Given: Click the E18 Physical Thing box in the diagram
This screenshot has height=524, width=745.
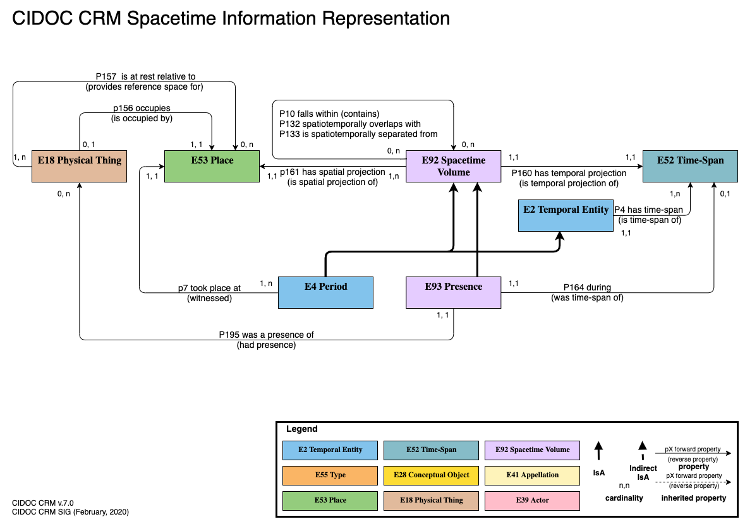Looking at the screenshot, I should [x=79, y=166].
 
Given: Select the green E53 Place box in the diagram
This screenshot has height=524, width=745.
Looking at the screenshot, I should [x=212, y=166].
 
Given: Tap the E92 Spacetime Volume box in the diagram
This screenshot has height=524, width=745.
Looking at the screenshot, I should [x=453, y=166].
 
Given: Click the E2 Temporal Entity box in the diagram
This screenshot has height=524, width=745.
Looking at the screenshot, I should [x=566, y=216].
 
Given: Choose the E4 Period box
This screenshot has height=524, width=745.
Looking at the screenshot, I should [x=325, y=292].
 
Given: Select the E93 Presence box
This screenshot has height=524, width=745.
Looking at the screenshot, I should [x=453, y=292].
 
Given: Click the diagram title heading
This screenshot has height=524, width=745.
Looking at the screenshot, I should [x=231, y=18].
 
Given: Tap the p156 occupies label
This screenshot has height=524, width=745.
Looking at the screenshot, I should [x=142, y=108].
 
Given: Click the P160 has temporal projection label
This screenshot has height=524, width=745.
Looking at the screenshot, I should [x=569, y=173].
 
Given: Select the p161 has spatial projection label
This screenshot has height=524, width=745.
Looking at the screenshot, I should [x=332, y=172].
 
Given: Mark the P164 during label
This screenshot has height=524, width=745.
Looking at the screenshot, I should [x=587, y=288].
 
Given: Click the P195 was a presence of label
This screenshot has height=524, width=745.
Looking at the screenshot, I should [x=266, y=335].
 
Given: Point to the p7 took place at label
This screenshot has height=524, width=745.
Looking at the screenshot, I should [x=209, y=288].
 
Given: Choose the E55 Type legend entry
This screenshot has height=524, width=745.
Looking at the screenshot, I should [x=330, y=475].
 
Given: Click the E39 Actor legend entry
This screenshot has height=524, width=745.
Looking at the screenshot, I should [x=532, y=500].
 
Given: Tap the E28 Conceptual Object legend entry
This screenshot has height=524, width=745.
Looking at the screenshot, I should [x=431, y=475].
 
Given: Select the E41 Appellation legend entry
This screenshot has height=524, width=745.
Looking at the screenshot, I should [x=532, y=475].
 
